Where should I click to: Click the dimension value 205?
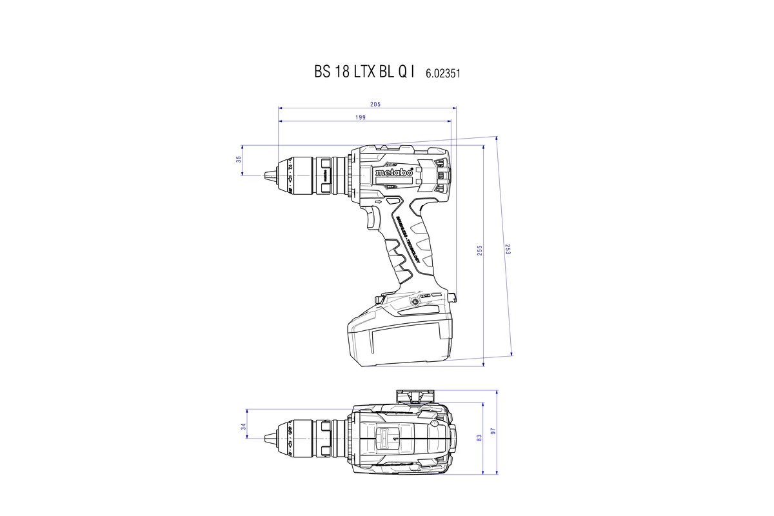[375, 104]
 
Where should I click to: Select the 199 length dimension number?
[360, 117]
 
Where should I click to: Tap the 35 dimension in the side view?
[238, 159]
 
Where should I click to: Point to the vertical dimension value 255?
[479, 251]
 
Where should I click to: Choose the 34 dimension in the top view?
[243, 426]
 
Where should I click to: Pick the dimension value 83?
[479, 437]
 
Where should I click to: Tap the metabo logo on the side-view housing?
[393, 173]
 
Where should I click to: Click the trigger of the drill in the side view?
[373, 217]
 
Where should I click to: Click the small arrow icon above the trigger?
[379, 203]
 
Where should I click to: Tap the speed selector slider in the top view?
[390, 438]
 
